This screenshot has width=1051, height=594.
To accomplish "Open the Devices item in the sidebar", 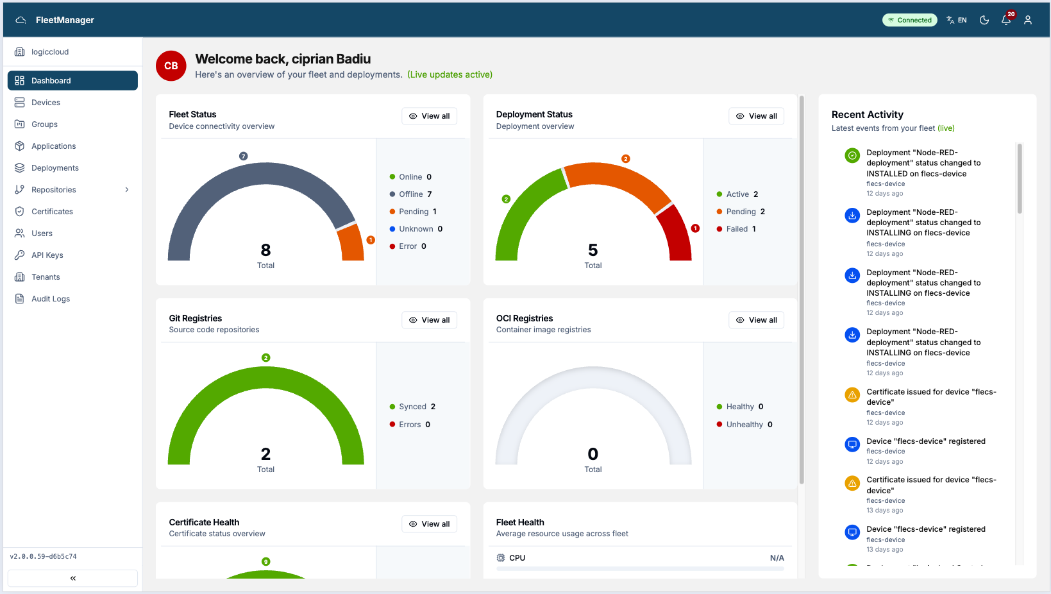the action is point(46,102).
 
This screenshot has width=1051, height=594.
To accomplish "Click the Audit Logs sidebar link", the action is point(50,298).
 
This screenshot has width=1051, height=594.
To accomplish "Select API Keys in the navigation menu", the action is point(47,255).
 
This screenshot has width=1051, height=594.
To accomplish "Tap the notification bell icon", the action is point(1006,20).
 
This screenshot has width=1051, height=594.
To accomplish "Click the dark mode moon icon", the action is point(984,20).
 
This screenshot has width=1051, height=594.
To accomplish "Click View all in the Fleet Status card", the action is point(430,116).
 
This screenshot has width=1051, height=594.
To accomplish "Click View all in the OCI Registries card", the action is point(756,320).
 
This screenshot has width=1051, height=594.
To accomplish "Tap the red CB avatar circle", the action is point(171,65).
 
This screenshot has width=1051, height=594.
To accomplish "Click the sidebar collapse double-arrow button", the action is point(72,578).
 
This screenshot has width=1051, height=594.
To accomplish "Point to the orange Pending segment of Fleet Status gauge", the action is point(351,242).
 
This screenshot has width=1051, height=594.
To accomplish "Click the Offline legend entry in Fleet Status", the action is point(410,194).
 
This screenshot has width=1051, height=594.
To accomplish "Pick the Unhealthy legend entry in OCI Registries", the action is point(744,424).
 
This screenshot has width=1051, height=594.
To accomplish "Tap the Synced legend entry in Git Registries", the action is point(412,406).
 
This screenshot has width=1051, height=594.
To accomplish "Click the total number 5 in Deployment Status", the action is point(593,250).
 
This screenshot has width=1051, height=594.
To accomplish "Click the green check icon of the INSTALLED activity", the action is point(852,155).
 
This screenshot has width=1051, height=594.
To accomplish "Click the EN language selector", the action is point(957,20).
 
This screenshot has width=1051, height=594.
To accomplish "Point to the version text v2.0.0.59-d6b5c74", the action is point(43,556).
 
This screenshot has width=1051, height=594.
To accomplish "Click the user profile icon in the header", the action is point(1028,20).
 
